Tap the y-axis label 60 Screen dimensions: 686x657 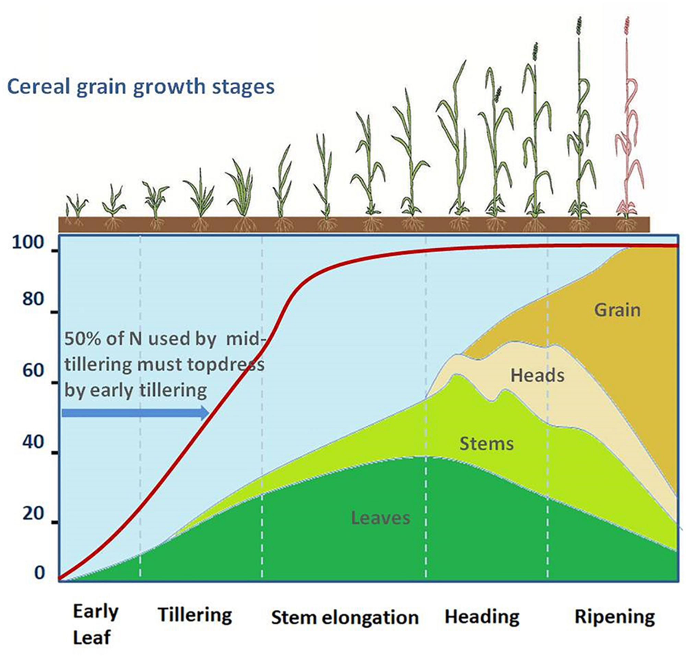click(33, 370)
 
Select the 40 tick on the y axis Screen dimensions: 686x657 click(33, 442)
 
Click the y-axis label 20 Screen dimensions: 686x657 click(33, 514)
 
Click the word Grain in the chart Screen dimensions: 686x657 click(617, 310)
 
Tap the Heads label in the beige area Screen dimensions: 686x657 click(537, 376)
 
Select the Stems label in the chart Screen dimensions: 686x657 click(486, 444)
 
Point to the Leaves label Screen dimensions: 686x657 click(380, 518)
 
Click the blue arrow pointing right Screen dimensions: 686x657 click(135, 413)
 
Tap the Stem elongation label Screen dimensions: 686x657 click(345, 618)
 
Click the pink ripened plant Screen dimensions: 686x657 click(629, 119)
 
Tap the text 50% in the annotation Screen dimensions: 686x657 click(82, 339)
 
